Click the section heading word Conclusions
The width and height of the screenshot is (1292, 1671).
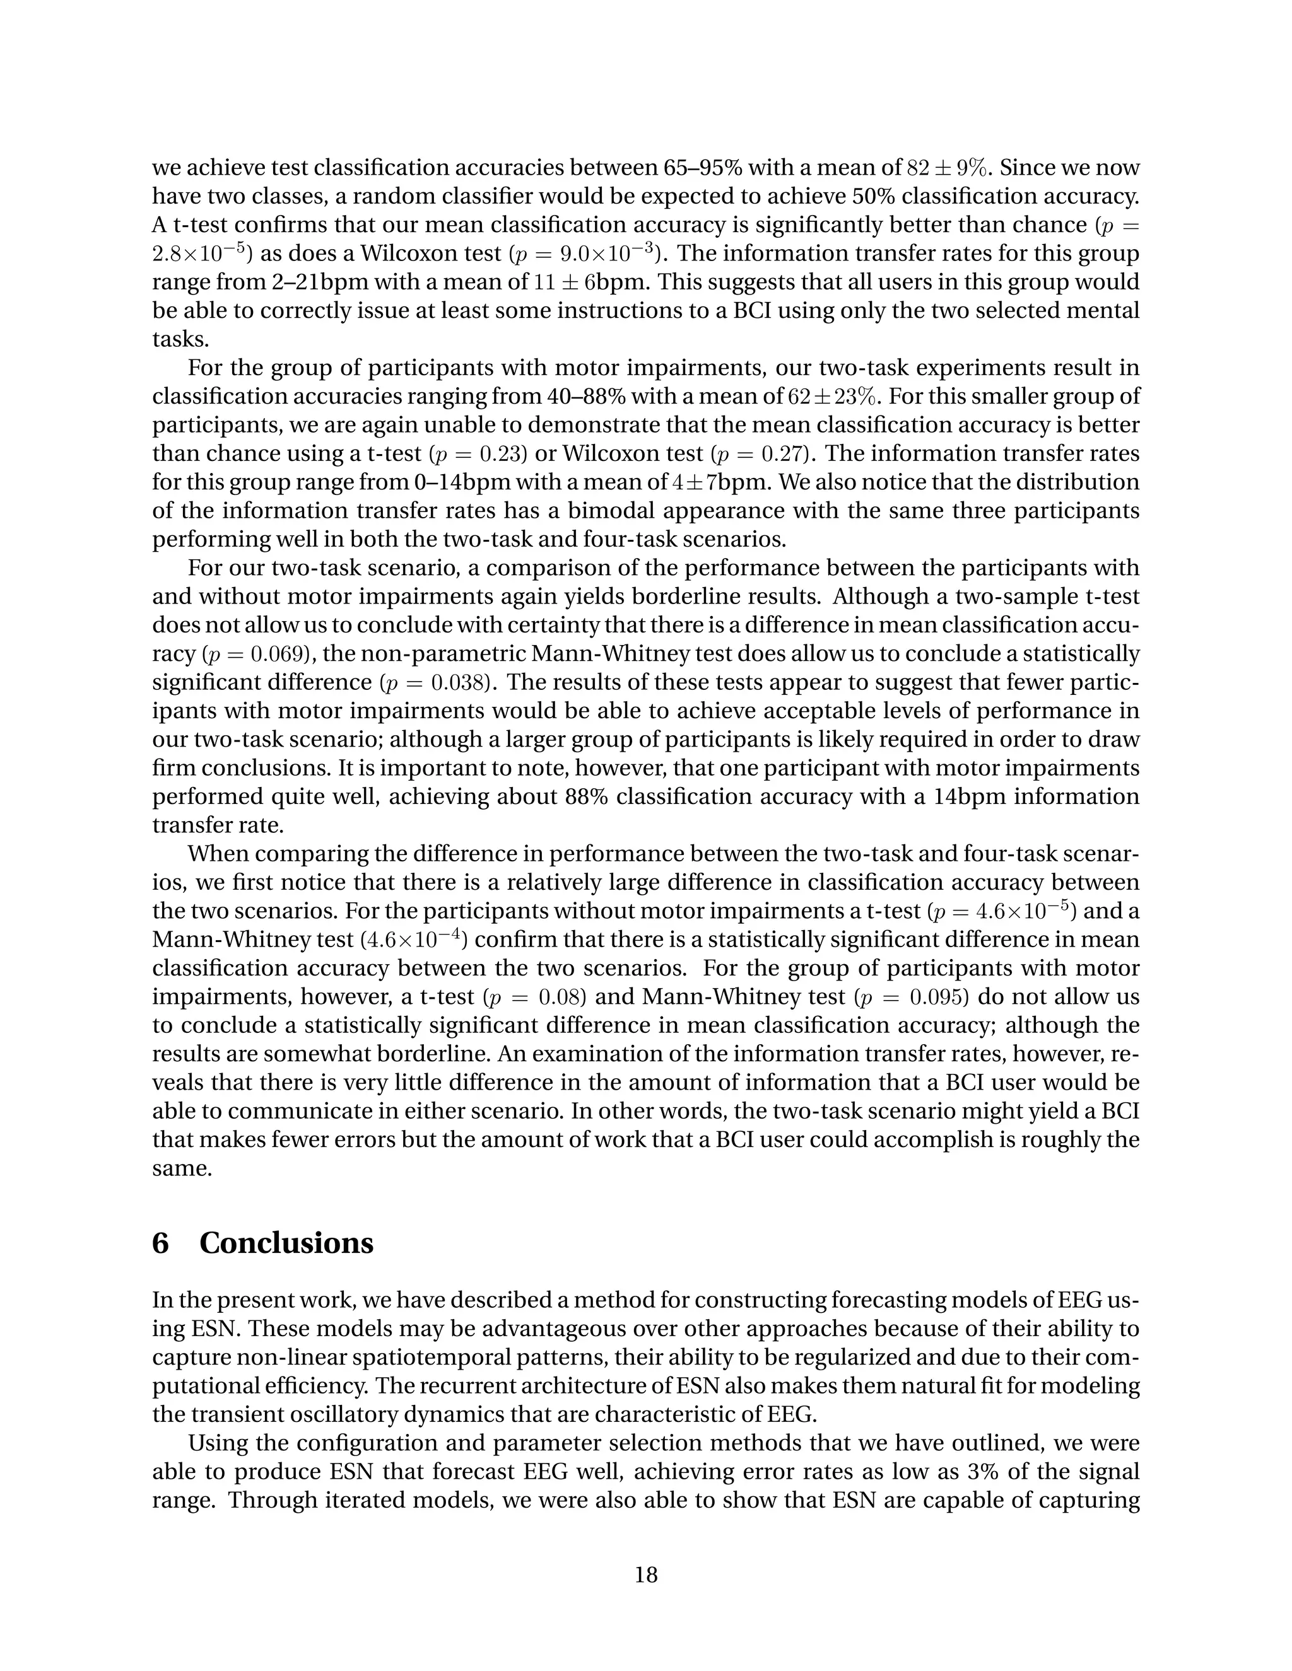(x=286, y=1243)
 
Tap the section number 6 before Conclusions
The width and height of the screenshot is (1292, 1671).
(x=160, y=1243)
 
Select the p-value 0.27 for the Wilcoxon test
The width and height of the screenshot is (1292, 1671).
(x=783, y=454)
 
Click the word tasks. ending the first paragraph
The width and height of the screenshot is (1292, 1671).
(x=180, y=340)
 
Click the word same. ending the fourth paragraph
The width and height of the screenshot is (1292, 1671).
(x=182, y=1168)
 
